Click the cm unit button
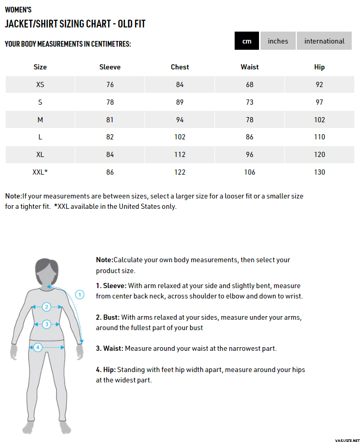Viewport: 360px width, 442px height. [x=247, y=41]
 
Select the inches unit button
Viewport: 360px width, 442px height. [x=278, y=41]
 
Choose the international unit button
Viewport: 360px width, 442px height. [x=324, y=41]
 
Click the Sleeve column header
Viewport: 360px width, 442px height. [x=110, y=67]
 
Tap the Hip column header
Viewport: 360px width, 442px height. [x=320, y=67]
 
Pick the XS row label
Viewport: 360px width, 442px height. [x=40, y=84]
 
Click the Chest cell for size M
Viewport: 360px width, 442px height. [x=180, y=120]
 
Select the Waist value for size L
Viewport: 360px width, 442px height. [x=250, y=137]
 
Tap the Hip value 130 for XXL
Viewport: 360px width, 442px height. [x=320, y=172]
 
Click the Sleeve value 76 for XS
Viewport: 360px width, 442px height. [x=110, y=84]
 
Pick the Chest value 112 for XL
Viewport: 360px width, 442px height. [x=180, y=154]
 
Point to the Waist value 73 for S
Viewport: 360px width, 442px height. [x=250, y=102]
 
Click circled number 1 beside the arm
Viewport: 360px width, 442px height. [x=80, y=294]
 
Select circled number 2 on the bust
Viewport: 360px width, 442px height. [x=46, y=307]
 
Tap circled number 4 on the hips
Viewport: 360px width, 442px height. [x=38, y=347]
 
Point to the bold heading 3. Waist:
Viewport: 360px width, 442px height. [x=109, y=348]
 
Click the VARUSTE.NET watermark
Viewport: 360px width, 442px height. [x=340, y=436]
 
